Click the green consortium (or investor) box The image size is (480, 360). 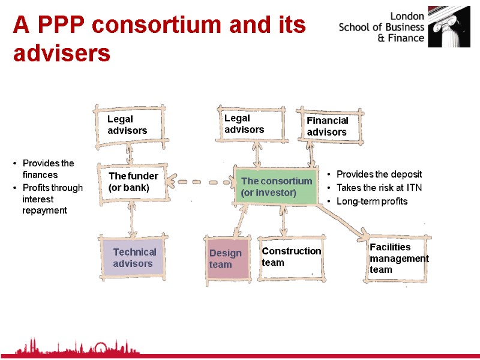[277, 187]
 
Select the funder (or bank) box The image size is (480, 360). [133, 181]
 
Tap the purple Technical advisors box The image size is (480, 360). [134, 257]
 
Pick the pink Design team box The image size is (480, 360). [227, 259]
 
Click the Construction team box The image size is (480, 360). [291, 257]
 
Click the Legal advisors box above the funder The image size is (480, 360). [130, 125]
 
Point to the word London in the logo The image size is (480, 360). [407, 16]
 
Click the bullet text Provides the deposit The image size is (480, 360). [379, 174]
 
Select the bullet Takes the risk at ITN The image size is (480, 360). [379, 188]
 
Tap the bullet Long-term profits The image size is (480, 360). [372, 202]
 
